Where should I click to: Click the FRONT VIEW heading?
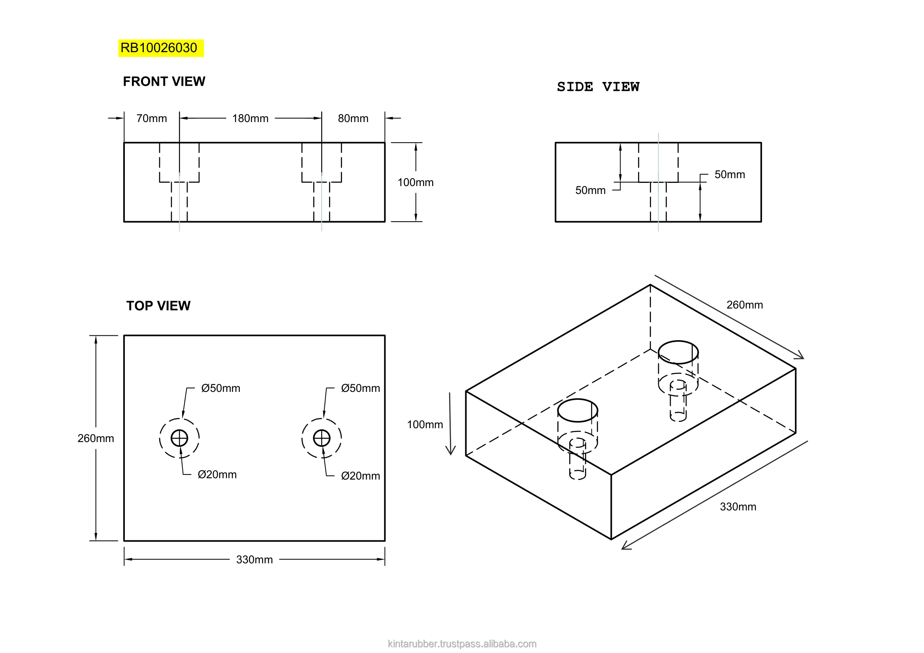click(x=164, y=82)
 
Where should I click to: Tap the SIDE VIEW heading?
click(x=598, y=87)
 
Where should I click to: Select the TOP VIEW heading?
click(x=158, y=306)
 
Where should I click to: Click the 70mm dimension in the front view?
click(x=151, y=118)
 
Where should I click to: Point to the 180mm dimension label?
click(x=250, y=118)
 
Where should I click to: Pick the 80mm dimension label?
click(x=353, y=118)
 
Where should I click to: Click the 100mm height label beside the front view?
click(x=415, y=182)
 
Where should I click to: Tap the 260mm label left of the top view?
click(x=95, y=438)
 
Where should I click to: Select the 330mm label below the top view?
click(x=254, y=560)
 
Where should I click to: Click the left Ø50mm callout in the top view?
click(x=220, y=388)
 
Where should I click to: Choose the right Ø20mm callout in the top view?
click(x=360, y=476)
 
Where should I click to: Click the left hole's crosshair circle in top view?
click(x=179, y=438)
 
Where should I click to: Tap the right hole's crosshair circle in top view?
click(x=322, y=438)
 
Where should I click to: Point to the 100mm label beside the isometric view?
click(x=425, y=425)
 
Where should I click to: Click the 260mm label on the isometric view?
click(x=745, y=305)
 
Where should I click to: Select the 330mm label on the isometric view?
click(x=738, y=506)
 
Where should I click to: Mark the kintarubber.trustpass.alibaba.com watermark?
click(x=462, y=644)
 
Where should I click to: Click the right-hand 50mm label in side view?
click(x=730, y=175)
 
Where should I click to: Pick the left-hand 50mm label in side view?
click(x=590, y=190)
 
